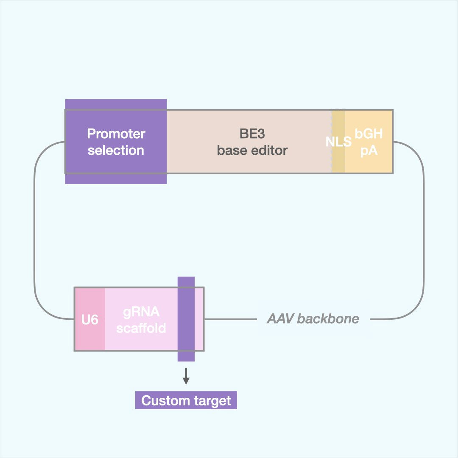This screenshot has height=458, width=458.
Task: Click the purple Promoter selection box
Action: pos(116,141)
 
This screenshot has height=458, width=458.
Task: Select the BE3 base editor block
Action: pos(249,141)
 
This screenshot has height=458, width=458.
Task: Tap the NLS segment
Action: pos(338,142)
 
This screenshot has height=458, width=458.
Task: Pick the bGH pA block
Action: pos(369,141)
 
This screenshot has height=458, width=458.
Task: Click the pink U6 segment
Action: pos(89,319)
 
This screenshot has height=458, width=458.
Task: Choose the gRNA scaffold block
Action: pos(141,319)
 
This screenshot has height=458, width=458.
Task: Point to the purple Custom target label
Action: pos(186,401)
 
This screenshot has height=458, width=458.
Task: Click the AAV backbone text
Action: pos(313,319)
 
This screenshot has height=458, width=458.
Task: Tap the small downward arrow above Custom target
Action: pos(186,376)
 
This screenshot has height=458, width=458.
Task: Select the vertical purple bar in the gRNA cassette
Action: pos(186,319)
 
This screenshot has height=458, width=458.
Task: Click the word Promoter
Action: pos(116,134)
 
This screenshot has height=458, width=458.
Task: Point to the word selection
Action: pos(116,150)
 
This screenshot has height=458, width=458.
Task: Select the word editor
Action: pos(269,150)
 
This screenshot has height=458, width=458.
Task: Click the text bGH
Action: pos(369,134)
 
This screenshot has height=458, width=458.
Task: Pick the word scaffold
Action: pos(141,328)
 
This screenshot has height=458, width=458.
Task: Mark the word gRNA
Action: pos(141,312)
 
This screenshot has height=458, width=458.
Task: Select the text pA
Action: pos(369,150)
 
